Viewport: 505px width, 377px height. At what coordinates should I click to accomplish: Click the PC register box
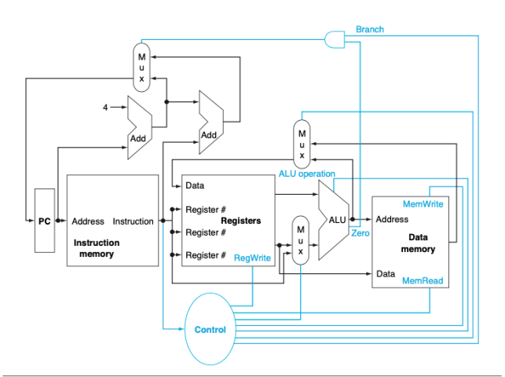click(45, 221)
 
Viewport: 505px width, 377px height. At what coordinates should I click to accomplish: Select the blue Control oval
click(210, 329)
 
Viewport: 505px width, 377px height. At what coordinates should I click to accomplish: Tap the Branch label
click(370, 29)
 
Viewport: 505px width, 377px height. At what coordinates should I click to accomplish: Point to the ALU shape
click(333, 220)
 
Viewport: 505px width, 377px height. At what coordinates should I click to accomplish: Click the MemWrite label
click(423, 204)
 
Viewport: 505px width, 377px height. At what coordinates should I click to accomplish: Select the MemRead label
click(422, 280)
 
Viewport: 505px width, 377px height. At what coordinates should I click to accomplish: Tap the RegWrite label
click(252, 256)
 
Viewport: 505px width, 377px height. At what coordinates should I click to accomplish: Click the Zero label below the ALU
click(360, 234)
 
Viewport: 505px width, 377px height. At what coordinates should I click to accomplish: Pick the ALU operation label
click(306, 174)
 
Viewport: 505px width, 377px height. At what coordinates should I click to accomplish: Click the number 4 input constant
click(105, 107)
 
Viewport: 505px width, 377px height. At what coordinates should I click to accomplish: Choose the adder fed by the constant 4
click(139, 124)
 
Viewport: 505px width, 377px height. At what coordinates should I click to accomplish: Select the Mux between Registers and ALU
click(298, 240)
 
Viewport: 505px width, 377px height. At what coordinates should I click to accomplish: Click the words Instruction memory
click(97, 249)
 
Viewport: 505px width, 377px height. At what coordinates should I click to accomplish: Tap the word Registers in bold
click(240, 221)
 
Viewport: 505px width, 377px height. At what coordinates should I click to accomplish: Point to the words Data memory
click(417, 243)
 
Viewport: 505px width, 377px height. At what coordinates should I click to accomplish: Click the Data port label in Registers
click(195, 186)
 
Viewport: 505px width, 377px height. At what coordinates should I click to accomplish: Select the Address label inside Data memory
click(392, 219)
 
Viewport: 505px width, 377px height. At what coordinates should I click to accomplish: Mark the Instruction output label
click(134, 221)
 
